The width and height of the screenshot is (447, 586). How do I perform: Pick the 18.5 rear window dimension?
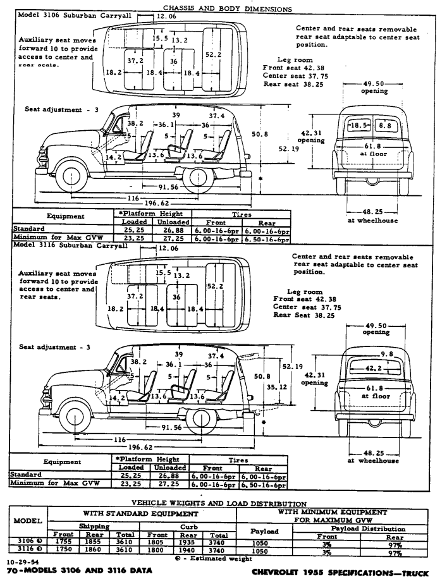click(x=360, y=126)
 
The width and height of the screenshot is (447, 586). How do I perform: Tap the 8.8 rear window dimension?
click(x=384, y=126)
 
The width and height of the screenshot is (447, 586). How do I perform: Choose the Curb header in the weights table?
click(x=187, y=525)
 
